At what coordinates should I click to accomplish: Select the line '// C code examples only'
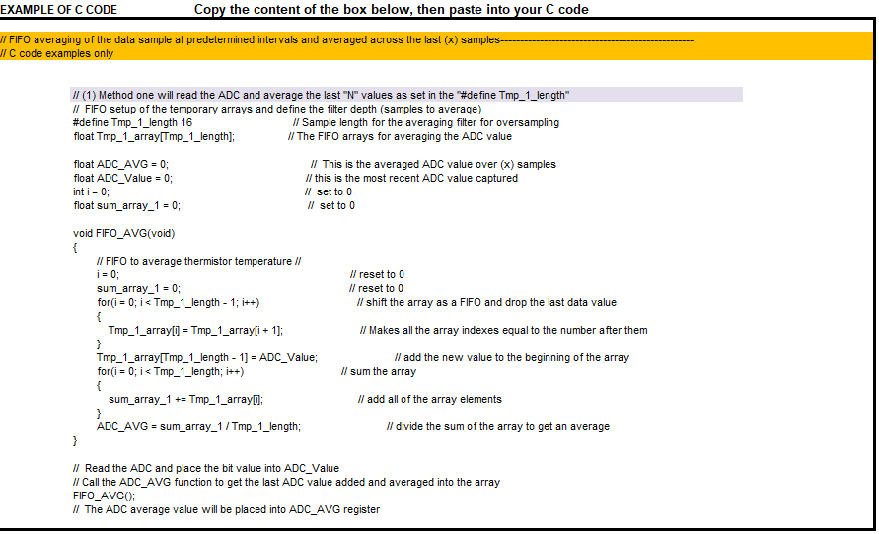click(57, 53)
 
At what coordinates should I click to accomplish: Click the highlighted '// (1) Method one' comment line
click(321, 95)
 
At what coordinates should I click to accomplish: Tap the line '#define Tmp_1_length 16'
click(132, 122)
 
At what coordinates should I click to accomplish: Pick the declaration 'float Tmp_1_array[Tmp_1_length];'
click(154, 136)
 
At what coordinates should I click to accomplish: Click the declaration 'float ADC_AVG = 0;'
click(121, 164)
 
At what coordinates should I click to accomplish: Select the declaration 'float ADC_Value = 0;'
click(123, 178)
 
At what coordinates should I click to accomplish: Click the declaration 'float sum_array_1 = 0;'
click(127, 205)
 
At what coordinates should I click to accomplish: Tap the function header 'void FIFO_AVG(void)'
click(123, 233)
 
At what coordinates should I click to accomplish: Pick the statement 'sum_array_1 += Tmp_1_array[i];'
click(185, 399)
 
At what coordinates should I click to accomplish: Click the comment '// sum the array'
click(378, 371)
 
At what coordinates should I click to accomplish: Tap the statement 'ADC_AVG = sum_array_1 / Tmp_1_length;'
click(198, 426)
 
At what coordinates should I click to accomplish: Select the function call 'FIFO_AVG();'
click(104, 496)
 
